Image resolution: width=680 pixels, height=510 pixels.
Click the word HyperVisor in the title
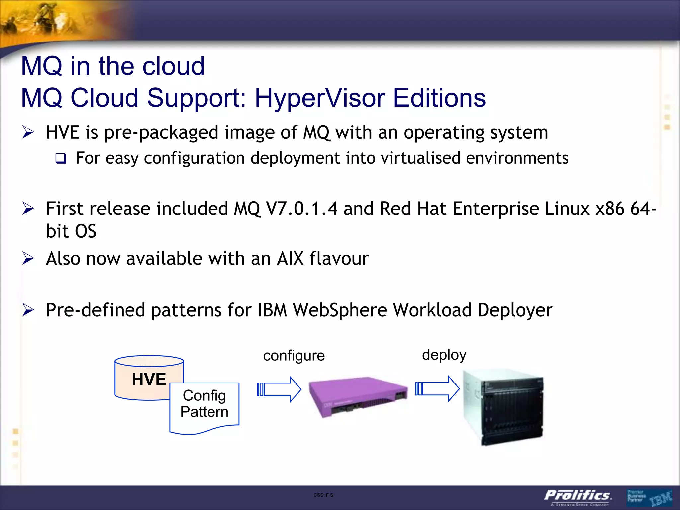pos(320,98)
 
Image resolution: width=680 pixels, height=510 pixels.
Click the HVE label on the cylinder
pos(149,379)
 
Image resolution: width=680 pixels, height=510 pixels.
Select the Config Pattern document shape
pos(204,407)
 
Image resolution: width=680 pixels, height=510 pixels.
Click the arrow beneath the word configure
pos(279,389)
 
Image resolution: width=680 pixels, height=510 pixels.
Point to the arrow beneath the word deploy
pos(437,388)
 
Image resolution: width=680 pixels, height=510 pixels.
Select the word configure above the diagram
pos(294,356)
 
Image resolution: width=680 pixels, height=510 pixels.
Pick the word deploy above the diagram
pos(444,355)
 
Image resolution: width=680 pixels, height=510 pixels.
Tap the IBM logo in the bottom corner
pos(661,498)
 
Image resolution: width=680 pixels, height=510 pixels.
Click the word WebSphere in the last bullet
pos(340,310)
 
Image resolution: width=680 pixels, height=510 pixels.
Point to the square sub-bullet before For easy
pos(61,158)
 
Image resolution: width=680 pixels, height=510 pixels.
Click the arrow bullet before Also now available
pos(28,258)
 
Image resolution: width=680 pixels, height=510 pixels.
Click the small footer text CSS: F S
pos(323,495)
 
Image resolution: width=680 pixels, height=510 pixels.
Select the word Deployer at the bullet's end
pos(515,310)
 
